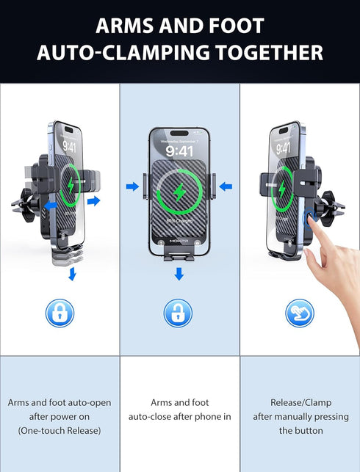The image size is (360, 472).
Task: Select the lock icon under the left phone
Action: click(60, 313)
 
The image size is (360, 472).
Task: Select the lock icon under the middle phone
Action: click(178, 313)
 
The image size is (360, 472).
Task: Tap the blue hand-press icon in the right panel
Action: click(299, 313)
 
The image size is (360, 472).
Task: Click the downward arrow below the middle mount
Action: click(179, 275)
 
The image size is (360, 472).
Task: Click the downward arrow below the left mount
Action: click(72, 274)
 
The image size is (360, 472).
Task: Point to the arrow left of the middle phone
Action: click(132, 186)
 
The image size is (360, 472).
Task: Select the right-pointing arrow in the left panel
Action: click(94, 200)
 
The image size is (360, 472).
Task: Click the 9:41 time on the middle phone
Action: click(179, 151)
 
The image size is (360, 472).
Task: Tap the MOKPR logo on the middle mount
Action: click(179, 239)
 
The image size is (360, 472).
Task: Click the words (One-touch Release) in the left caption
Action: click(60, 431)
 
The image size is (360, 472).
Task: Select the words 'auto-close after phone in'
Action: click(179, 417)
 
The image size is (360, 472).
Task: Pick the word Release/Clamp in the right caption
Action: click(299, 403)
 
